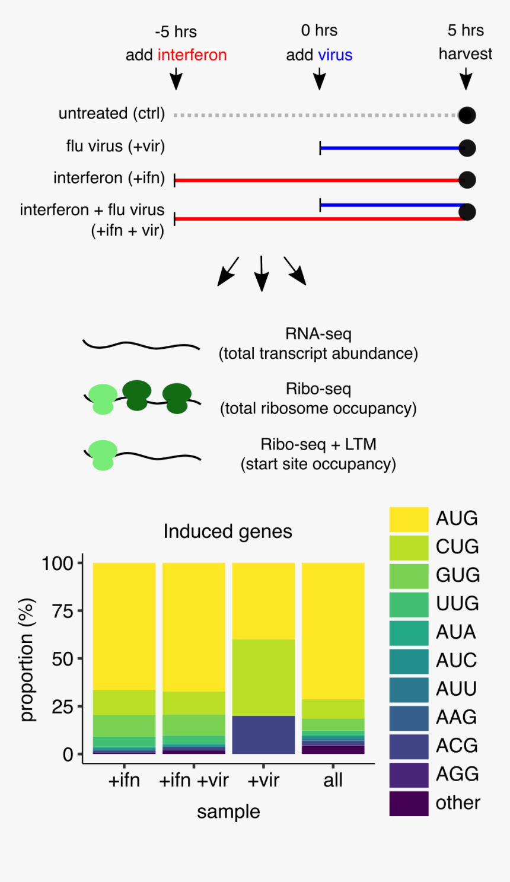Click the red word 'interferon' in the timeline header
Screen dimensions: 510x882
[x=192, y=55]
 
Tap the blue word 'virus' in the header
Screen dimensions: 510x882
[x=335, y=55]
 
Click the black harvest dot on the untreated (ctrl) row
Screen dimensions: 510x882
[x=467, y=116]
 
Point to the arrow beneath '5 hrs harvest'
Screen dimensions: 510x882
[x=466, y=79]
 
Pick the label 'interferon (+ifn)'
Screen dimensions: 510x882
[x=109, y=178]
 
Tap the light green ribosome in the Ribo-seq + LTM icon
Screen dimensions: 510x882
[x=103, y=455]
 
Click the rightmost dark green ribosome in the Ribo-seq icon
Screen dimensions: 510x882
[x=177, y=398]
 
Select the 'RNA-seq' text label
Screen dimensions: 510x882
[x=318, y=334]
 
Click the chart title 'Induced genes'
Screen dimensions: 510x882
[x=228, y=531]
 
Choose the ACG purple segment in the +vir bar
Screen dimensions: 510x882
[x=263, y=735]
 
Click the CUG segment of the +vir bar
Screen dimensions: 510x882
[x=263, y=677]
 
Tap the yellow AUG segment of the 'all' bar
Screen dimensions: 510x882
[x=333, y=631]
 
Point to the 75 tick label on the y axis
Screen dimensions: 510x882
[x=63, y=612]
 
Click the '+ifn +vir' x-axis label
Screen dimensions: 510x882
[x=194, y=781]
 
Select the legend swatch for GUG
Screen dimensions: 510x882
[x=409, y=576]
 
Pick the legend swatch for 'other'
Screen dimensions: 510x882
[x=409, y=804]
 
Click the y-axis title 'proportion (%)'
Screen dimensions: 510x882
[x=27, y=660]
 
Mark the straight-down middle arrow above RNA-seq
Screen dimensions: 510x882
[x=262, y=273]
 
